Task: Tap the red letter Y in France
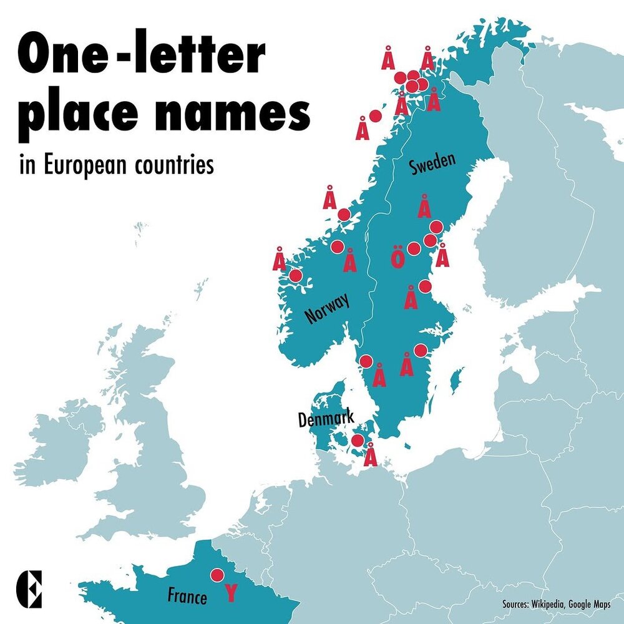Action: [231, 593]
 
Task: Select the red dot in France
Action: [217, 575]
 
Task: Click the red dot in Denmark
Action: [357, 441]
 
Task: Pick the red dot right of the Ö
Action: [413, 248]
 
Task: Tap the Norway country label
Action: [327, 308]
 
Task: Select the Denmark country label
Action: [326, 419]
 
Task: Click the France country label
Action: [187, 597]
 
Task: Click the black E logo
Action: [29, 587]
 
